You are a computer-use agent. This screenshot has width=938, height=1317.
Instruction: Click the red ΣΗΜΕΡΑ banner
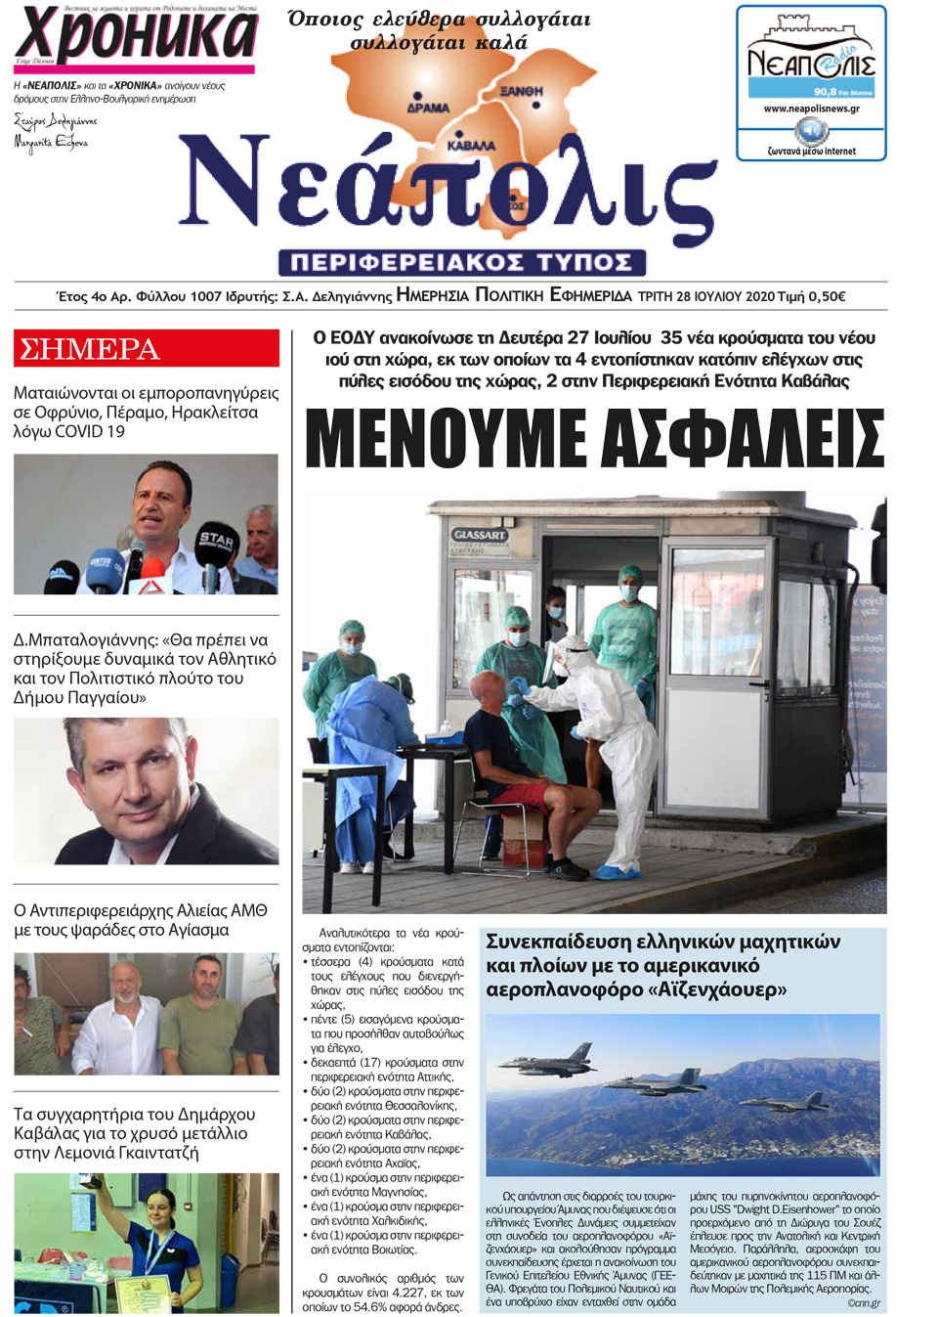[147, 349]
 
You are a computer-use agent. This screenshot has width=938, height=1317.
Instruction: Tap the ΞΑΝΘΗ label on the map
[521, 91]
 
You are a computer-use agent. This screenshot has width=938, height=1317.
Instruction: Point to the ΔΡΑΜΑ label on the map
[428, 108]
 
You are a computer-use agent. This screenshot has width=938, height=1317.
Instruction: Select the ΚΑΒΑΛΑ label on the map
[471, 146]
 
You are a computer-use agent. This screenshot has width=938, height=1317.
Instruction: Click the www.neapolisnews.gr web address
[811, 109]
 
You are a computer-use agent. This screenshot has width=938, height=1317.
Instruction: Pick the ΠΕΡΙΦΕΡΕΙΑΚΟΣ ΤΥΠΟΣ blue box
[462, 262]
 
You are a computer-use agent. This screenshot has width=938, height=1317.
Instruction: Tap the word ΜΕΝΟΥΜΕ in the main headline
[448, 439]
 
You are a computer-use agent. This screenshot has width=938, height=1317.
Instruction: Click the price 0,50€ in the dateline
[827, 296]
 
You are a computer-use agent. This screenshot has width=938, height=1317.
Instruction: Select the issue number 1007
[206, 296]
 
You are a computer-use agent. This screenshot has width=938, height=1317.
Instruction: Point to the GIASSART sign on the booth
[480, 535]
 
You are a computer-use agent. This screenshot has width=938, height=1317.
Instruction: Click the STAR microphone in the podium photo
[217, 541]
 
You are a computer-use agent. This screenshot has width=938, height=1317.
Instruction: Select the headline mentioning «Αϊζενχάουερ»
[662, 965]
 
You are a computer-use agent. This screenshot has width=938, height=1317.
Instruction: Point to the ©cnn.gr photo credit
[863, 1302]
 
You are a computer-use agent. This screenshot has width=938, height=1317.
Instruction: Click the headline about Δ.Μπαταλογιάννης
[145, 668]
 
